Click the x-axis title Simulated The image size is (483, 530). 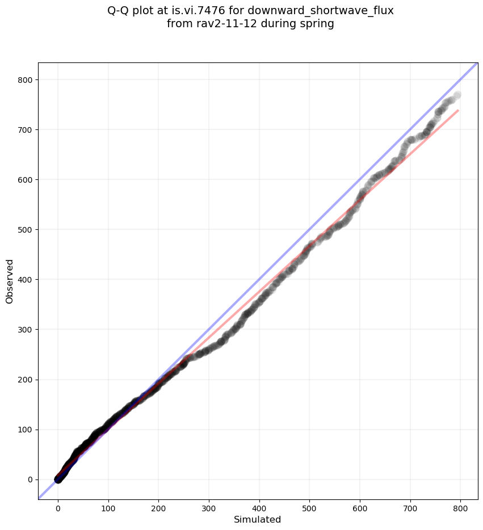tap(258, 519)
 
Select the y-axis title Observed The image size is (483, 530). tap(10, 281)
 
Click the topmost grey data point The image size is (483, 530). tap(457, 95)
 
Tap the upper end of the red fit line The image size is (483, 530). tap(457, 110)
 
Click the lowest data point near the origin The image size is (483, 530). tap(58, 479)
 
